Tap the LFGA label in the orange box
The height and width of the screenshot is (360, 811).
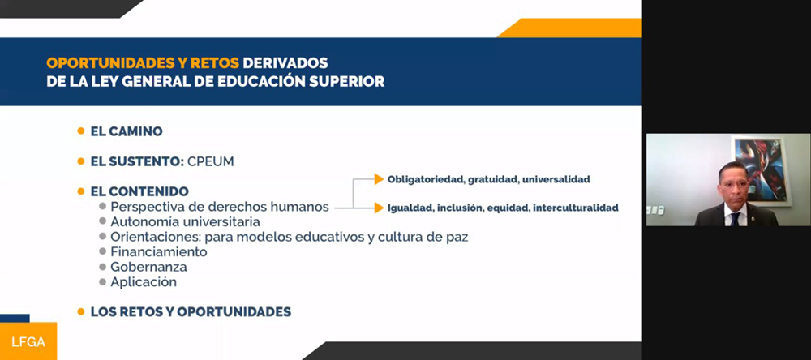tap(28, 342)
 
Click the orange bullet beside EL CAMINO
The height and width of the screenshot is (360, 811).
tap(80, 131)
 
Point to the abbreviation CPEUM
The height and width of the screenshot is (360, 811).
tap(211, 161)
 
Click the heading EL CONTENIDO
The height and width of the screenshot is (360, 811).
tap(139, 191)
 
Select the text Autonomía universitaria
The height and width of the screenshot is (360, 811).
tap(185, 222)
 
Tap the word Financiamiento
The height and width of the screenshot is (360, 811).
tap(159, 252)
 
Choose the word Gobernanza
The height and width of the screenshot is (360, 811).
tap(149, 267)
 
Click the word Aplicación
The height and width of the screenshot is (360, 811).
tap(144, 282)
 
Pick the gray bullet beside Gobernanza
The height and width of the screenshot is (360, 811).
tap(103, 267)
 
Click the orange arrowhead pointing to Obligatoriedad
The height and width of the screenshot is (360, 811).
tap(379, 179)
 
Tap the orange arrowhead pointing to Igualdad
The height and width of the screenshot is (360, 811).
tap(379, 208)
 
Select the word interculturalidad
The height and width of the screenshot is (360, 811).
tap(576, 208)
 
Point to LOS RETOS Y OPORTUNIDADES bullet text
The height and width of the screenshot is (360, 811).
tap(191, 312)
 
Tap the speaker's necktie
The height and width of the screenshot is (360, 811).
tap(735, 219)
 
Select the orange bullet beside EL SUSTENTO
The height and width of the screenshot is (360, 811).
tap(80, 161)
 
